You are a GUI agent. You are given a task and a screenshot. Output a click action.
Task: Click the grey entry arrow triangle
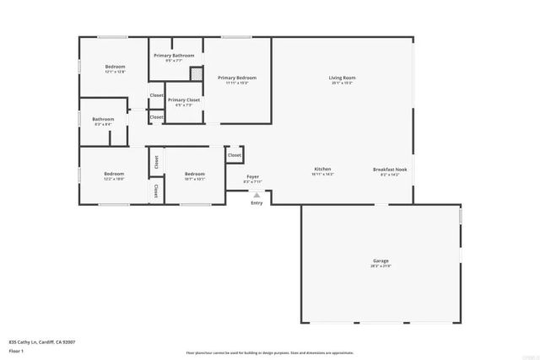tap(256, 195)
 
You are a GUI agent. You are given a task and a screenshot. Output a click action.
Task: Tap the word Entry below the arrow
tap(256, 203)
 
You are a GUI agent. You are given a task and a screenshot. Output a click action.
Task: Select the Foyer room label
tap(252, 176)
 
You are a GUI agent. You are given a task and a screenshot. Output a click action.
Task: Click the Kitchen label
tap(323, 169)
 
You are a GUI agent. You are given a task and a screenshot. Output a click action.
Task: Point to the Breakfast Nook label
tap(389, 169)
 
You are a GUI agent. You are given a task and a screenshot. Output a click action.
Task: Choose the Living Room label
tap(342, 78)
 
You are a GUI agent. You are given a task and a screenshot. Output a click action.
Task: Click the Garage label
tap(381, 261)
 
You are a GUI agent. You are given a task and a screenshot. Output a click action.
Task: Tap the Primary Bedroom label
tap(236, 78)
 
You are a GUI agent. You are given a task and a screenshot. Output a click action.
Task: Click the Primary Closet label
tap(183, 99)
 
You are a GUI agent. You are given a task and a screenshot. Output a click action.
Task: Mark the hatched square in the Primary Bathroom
tap(196, 74)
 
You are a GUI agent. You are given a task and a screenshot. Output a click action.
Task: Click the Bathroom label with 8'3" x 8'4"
tap(103, 119)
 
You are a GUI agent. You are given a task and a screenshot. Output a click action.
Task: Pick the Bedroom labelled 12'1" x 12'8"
tap(115, 67)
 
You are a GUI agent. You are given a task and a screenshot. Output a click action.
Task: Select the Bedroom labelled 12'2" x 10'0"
tap(114, 174)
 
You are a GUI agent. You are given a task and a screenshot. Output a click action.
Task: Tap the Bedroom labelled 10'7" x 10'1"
tap(194, 174)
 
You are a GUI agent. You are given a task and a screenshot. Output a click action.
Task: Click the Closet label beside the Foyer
tap(235, 155)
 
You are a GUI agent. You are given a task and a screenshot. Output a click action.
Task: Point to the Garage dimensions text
tap(381, 267)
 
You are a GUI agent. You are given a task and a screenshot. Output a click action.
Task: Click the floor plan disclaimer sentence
tap(270, 352)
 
